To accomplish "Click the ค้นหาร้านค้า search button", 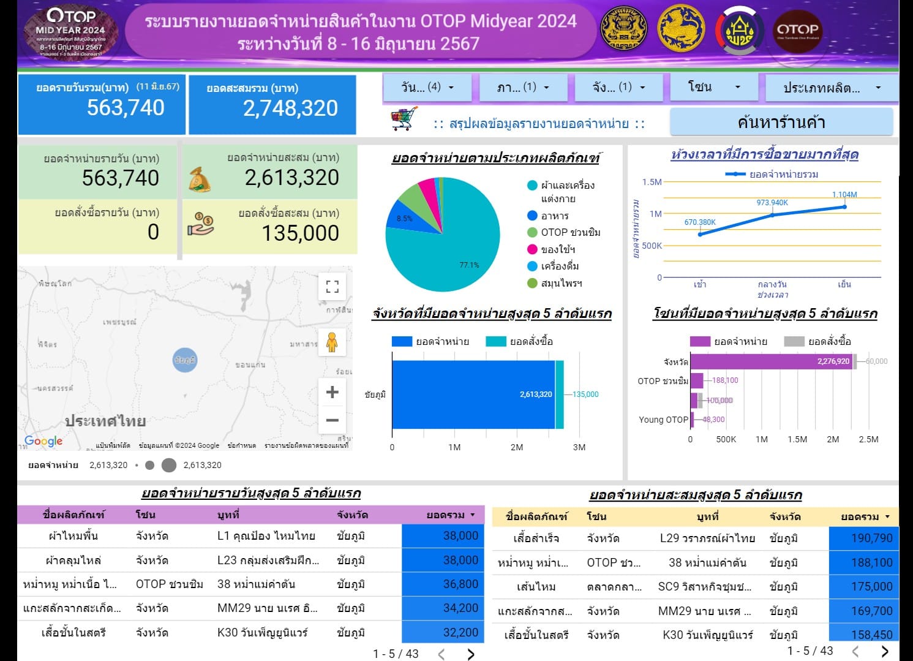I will click(x=781, y=123).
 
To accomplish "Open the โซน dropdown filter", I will click(x=713, y=87).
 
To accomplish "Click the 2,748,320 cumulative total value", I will click(x=290, y=108).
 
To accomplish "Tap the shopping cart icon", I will click(x=404, y=119).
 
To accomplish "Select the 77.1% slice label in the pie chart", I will click(x=469, y=265).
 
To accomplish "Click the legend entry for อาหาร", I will click(x=554, y=216).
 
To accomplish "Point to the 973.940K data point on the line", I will click(x=772, y=214).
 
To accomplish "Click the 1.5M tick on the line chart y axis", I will click(x=652, y=182).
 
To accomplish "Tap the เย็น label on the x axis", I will click(x=844, y=284).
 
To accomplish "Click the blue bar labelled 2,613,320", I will click(x=473, y=395).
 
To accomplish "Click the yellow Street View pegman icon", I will click(x=332, y=342).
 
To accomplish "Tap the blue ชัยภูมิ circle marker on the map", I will click(x=185, y=360).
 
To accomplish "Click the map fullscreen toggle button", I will click(x=332, y=287).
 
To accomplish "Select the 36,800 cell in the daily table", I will click(x=460, y=584).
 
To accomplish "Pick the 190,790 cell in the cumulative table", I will click(x=871, y=538).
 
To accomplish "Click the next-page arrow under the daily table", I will click(x=470, y=654).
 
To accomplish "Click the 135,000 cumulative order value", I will click(x=300, y=233).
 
